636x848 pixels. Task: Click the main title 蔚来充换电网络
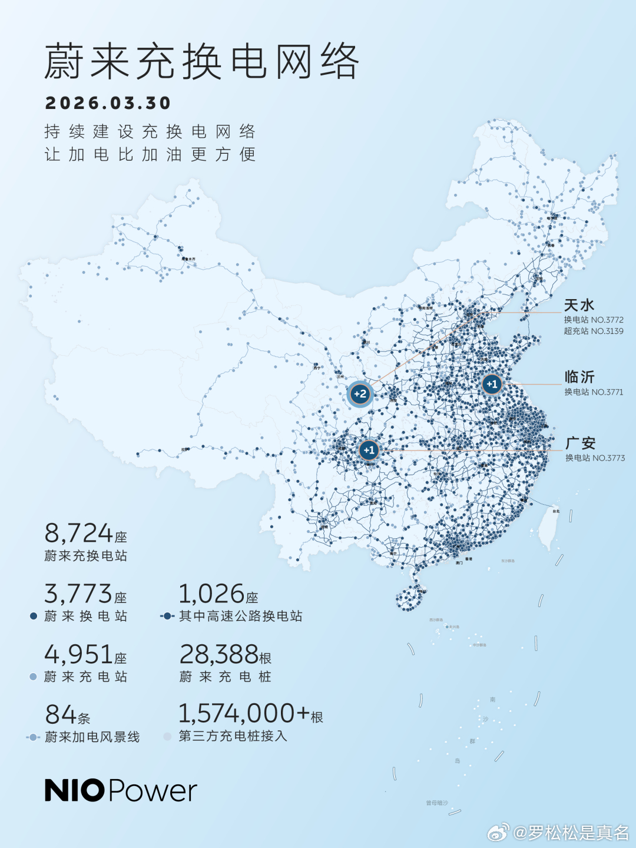click(201, 61)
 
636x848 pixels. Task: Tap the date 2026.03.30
click(108, 103)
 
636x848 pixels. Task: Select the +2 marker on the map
click(360, 394)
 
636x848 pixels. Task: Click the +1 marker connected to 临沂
click(492, 384)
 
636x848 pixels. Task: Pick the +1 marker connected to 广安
click(369, 450)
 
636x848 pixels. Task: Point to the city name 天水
click(579, 305)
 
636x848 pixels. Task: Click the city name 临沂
click(579, 377)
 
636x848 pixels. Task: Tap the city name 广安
click(580, 443)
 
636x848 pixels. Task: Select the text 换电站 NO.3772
click(593, 320)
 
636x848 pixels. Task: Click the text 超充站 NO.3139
click(593, 331)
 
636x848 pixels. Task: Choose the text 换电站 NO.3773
click(595, 458)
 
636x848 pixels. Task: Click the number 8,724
click(78, 534)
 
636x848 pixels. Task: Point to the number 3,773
click(78, 594)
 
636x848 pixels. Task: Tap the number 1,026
click(211, 594)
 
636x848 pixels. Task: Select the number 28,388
click(218, 655)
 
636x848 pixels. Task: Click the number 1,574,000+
click(244, 714)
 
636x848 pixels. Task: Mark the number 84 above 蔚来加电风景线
click(61, 715)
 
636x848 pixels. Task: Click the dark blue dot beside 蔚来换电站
click(34, 616)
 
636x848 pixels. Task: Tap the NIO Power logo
click(121, 790)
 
